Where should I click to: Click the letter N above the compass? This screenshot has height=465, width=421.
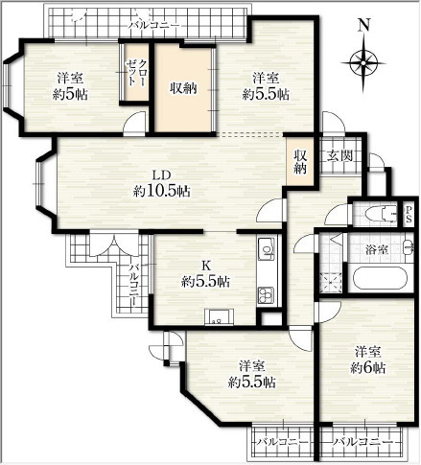363,25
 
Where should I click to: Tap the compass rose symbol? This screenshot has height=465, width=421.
363,62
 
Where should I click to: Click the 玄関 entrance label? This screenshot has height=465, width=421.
339,156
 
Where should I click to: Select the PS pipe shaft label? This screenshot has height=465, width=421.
409,215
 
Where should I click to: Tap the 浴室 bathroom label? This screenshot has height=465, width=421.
377,250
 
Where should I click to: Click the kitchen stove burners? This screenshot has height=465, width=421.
266,295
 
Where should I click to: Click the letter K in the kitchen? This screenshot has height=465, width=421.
206,266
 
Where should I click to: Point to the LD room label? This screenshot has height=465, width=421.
161,174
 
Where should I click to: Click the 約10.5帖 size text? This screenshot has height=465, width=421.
161,191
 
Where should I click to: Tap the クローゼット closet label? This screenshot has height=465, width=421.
136,72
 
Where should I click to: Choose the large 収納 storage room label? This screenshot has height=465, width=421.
183,88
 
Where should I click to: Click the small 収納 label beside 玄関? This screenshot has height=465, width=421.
300,162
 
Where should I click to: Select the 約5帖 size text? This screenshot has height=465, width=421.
70,94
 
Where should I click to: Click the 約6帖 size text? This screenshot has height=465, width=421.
367,368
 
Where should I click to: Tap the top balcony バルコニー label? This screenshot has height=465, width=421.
154,25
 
